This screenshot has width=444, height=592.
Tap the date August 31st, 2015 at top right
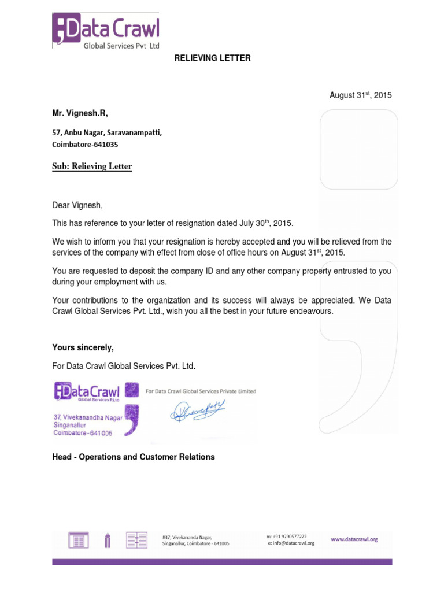[x=360, y=95]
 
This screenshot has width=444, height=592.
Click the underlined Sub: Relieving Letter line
[x=92, y=166]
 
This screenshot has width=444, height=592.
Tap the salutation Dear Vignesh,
[x=76, y=205]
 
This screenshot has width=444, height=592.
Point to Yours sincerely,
[x=83, y=347]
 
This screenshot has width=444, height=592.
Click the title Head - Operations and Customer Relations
[x=134, y=457]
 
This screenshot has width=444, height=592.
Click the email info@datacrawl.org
[x=294, y=543]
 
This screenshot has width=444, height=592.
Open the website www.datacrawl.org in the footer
[x=354, y=539]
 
